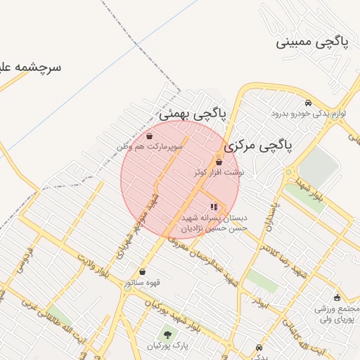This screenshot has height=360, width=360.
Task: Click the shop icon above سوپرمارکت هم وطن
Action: (x=150, y=136)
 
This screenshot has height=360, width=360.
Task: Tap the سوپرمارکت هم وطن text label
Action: (x=150, y=146)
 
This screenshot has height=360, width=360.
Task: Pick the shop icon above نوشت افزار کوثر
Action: (x=219, y=162)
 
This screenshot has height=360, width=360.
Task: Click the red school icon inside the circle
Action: (x=214, y=207)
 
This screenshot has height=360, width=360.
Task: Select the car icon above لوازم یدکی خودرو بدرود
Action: (x=307, y=103)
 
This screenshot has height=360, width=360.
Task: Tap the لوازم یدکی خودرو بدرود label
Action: (x=307, y=113)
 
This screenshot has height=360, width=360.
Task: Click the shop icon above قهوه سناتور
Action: (x=143, y=272)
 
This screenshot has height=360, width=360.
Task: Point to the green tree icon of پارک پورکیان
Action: (x=167, y=335)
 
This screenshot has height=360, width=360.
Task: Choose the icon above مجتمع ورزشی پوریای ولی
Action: (x=337, y=297)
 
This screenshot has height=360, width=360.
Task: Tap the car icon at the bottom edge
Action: (x=261, y=349)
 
